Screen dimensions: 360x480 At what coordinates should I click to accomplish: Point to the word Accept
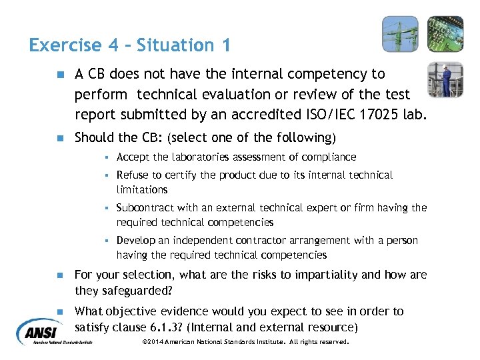point(131,157)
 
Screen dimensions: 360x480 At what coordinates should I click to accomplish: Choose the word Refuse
point(132,175)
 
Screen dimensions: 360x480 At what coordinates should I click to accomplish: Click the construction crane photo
point(400,34)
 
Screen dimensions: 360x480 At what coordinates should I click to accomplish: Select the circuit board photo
point(445,34)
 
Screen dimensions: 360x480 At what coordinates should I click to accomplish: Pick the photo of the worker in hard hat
point(445,79)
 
